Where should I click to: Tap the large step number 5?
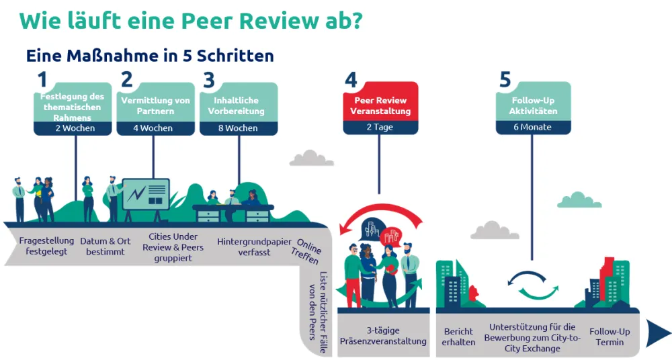(505, 80)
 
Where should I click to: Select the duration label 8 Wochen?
(238, 128)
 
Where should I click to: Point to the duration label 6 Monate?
(532, 127)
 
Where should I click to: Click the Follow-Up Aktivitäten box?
(532, 102)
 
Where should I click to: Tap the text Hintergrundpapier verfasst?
(245, 246)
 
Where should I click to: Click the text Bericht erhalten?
(459, 336)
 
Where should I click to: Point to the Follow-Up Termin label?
(610, 336)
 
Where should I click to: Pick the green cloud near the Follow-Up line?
(579, 200)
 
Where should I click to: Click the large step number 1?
(42, 80)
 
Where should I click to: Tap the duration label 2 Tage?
(380, 127)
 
